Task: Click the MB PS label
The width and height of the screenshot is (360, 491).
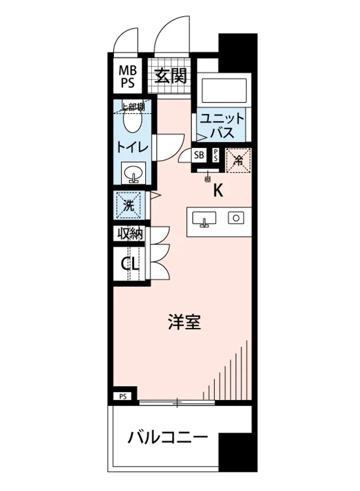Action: click(127, 77)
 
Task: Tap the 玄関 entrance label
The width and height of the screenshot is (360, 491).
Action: click(171, 76)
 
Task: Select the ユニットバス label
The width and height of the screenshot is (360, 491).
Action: click(222, 126)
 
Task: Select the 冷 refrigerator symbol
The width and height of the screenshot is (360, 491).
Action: click(238, 160)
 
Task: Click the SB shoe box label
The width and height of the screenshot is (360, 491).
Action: click(199, 155)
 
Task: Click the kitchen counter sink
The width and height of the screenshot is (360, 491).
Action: click(203, 218)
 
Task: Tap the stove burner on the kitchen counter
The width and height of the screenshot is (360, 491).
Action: click(236, 217)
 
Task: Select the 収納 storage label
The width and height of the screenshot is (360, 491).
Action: click(130, 234)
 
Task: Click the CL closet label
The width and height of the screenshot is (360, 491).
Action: click(130, 264)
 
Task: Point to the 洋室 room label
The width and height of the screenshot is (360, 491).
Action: click(184, 322)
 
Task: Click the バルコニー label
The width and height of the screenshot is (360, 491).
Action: click(168, 438)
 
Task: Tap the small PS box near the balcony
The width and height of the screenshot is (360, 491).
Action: click(123, 396)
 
